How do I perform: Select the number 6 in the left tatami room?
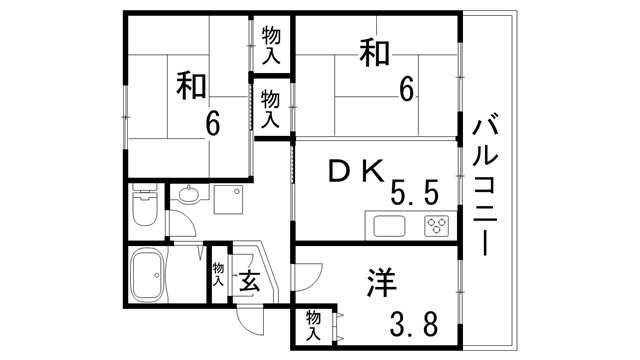tap(213, 124)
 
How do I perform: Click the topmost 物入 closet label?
tap(270, 46)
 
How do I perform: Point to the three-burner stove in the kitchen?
tap(436, 224)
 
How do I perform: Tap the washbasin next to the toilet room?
tap(187, 196)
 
